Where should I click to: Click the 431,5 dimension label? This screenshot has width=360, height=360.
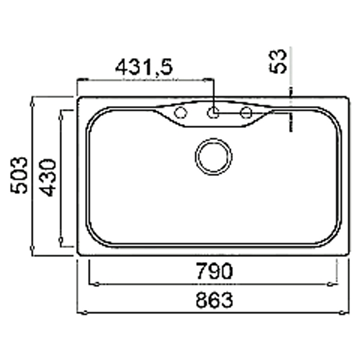pyautogui.click(x=144, y=67)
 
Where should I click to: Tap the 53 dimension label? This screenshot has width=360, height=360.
pyautogui.click(x=278, y=61)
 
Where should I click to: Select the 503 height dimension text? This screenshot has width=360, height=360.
pyautogui.click(x=19, y=175)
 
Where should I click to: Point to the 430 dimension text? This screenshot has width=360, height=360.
pyautogui.click(x=47, y=178)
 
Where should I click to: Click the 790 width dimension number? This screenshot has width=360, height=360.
pyautogui.click(x=215, y=271)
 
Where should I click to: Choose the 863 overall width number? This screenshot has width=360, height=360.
pyautogui.click(x=214, y=299)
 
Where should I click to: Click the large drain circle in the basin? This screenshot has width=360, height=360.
pyautogui.click(x=214, y=157)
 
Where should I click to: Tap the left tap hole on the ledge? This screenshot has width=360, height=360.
pyautogui.click(x=181, y=113)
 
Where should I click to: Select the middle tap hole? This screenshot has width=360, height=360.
pyautogui.click(x=213, y=113)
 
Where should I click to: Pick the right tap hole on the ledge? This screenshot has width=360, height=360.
pyautogui.click(x=246, y=113)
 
